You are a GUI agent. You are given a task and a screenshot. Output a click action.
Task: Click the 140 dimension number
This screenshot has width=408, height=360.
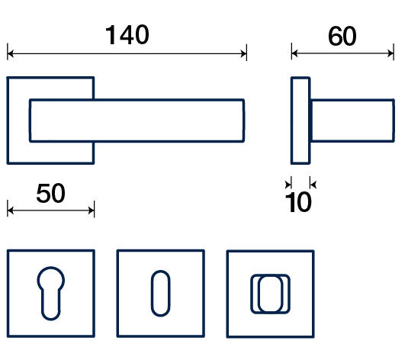pyautogui.click(x=127, y=35)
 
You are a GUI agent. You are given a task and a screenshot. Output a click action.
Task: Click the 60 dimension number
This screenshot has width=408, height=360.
pyautogui.click(x=342, y=36)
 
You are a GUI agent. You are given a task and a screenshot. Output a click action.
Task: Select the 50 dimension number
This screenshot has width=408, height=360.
pyautogui.click(x=51, y=193)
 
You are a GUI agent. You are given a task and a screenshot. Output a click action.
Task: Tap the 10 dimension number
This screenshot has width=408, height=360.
pyautogui.click(x=298, y=202)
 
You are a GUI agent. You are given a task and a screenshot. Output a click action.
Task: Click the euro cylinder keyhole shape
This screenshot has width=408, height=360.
pyautogui.click(x=51, y=293)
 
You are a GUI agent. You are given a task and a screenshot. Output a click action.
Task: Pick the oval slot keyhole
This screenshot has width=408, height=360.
pyautogui.click(x=161, y=293)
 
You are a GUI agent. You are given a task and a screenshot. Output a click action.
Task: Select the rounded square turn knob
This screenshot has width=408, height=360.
pyautogui.click(x=271, y=294)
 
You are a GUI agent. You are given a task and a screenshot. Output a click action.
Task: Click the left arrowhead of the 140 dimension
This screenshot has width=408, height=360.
pyautogui.click(x=11, y=54)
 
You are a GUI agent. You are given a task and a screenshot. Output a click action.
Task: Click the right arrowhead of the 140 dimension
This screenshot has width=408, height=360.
pyautogui.click(x=243, y=54)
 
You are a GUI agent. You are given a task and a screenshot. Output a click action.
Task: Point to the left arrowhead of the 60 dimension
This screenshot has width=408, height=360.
pyautogui.click(x=294, y=53)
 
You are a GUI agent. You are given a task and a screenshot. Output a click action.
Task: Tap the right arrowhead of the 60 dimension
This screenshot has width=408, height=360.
pyautogui.click(x=390, y=53)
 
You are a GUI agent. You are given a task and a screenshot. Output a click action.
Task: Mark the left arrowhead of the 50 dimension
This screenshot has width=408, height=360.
pyautogui.click(x=11, y=211)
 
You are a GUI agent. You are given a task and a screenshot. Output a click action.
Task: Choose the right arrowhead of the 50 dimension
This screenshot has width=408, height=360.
pyautogui.click(x=91, y=211)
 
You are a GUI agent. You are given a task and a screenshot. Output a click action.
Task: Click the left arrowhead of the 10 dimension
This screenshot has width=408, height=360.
pyautogui.click(x=288, y=185)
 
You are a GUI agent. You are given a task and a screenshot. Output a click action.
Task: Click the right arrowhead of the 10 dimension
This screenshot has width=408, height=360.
pyautogui.click(x=313, y=185)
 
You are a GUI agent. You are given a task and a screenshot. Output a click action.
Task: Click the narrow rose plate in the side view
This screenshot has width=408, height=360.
pyautogui.click(x=300, y=121)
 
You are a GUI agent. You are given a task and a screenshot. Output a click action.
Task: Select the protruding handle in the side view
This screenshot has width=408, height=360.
pyautogui.click(x=352, y=121)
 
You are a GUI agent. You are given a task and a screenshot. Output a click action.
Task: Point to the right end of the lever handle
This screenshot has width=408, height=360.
pyautogui.click(x=243, y=121)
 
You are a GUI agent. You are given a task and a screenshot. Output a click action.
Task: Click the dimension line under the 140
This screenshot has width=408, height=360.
pyautogui.click(x=127, y=54)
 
